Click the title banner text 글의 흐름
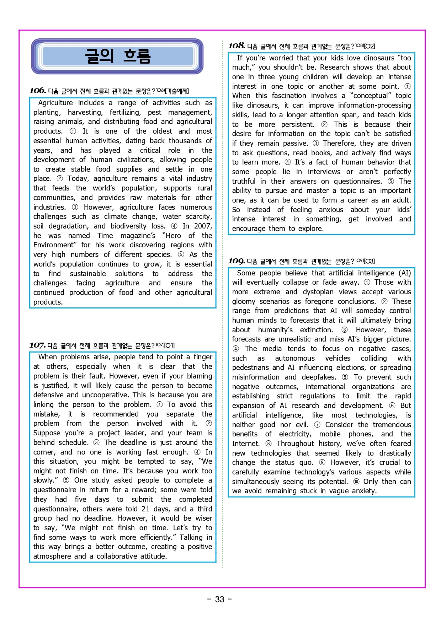[118, 56]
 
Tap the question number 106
[38, 91]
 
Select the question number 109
[237, 261]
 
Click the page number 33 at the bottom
[220, 600]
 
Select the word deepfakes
[319, 377]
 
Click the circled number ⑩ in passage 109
[356, 482]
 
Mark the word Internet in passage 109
[246, 444]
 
